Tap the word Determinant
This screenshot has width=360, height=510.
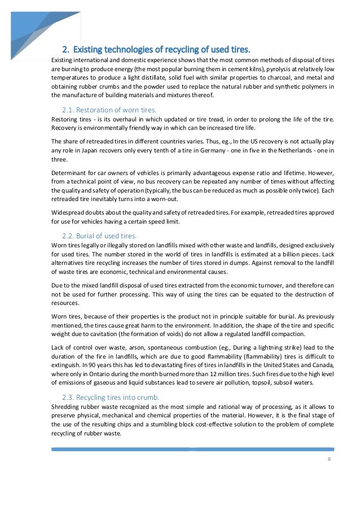tap(71, 171)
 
